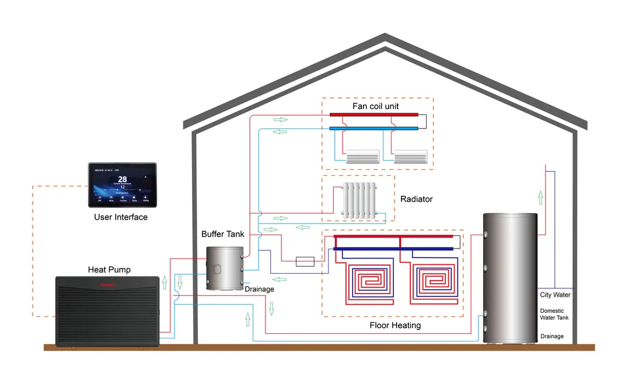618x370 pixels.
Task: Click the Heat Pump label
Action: point(109,270)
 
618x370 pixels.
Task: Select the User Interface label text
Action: point(121,217)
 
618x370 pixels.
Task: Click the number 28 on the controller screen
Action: point(123,179)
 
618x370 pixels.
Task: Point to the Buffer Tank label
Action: point(223,234)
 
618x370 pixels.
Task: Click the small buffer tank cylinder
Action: point(225,267)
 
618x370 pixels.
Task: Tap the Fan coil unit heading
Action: point(376,106)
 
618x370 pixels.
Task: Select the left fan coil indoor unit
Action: point(362,156)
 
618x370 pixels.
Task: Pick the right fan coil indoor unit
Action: point(411,156)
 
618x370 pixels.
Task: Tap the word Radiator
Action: point(417,199)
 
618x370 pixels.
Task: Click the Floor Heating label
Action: point(395,325)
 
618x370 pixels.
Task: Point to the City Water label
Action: point(555,295)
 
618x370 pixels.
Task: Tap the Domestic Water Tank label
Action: point(554,314)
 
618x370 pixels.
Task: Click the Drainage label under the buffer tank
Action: point(259,289)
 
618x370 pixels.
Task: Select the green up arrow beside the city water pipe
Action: point(540,198)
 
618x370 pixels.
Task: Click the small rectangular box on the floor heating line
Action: point(305,261)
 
